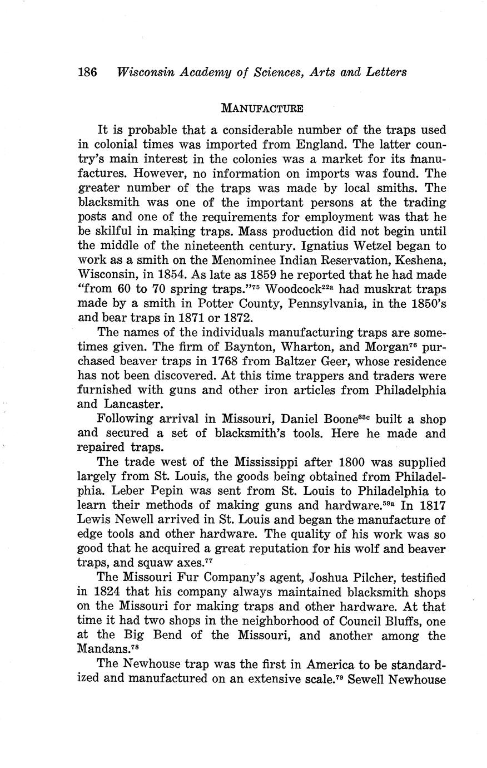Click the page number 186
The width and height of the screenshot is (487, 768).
pos(88,72)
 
